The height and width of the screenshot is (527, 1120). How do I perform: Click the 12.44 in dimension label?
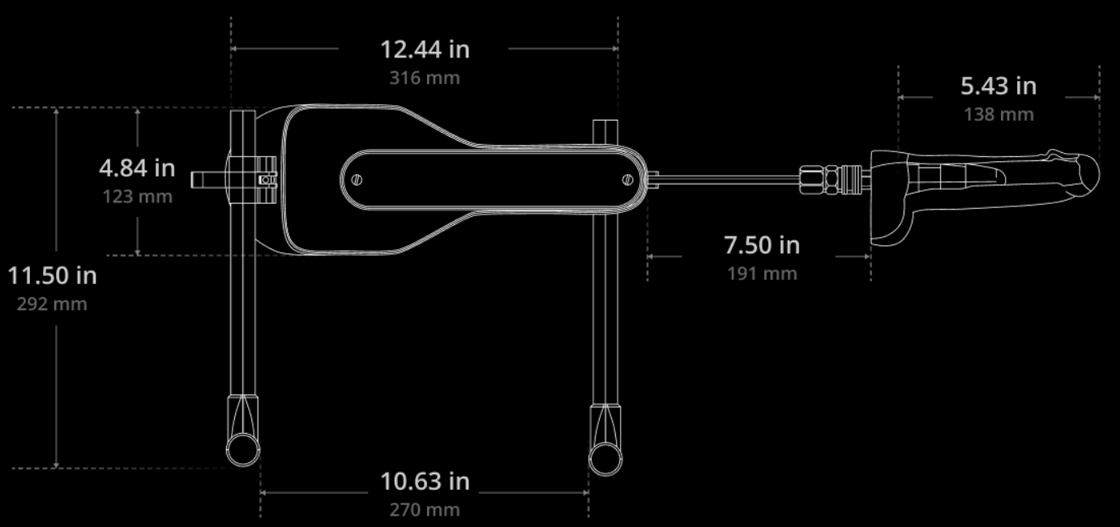tap(425, 49)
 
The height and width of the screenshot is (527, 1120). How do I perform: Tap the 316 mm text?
tap(425, 78)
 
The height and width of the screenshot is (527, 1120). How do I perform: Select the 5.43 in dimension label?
tap(998, 86)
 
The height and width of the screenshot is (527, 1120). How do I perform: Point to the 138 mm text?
tap(998, 114)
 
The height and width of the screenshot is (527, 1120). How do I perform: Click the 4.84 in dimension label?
tap(137, 168)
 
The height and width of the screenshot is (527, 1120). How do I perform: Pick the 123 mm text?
tap(138, 197)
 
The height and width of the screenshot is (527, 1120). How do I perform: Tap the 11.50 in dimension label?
tap(53, 276)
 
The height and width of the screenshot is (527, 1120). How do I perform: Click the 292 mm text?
tap(52, 304)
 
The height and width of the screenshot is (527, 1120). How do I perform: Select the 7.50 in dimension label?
tap(762, 245)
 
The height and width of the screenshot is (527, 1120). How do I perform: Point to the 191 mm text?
tap(762, 274)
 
